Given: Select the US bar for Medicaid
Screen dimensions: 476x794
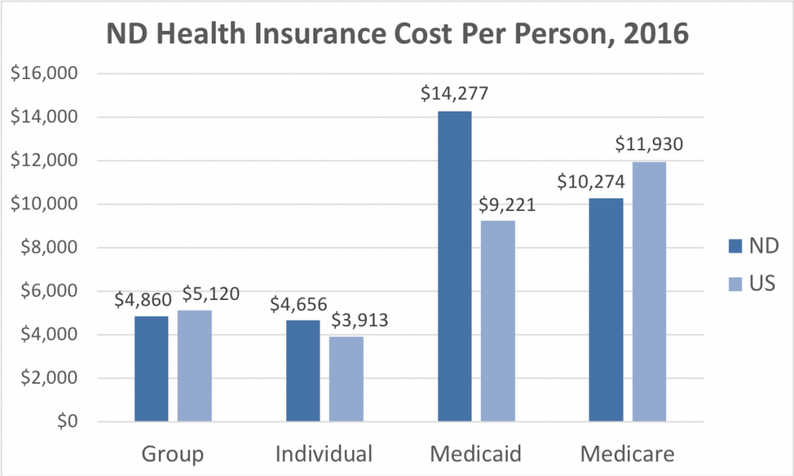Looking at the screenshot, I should coord(497,321).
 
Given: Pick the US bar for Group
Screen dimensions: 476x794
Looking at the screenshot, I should coord(194,366).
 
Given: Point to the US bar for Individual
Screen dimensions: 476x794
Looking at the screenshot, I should coord(346,379).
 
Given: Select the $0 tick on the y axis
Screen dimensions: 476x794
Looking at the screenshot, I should coord(64,422).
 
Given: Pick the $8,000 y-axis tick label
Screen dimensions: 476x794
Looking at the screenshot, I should coord(50,248).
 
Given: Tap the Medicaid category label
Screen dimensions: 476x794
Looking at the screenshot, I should coord(475,453).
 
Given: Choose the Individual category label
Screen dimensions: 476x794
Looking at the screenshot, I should coord(324,453).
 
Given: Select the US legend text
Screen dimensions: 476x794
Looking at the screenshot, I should coord(760,284).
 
